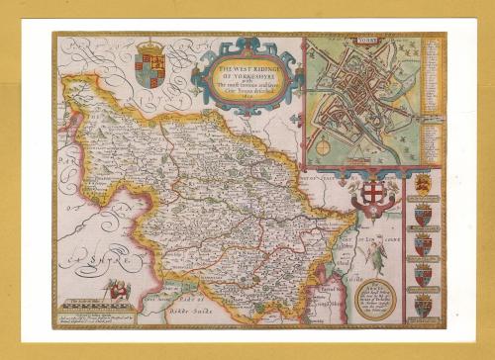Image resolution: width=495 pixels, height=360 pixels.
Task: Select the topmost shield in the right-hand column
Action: coord(422,184)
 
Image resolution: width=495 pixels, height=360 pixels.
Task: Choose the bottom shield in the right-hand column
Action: coord(422,305)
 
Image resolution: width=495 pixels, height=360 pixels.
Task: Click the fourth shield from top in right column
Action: coord(422,274)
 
